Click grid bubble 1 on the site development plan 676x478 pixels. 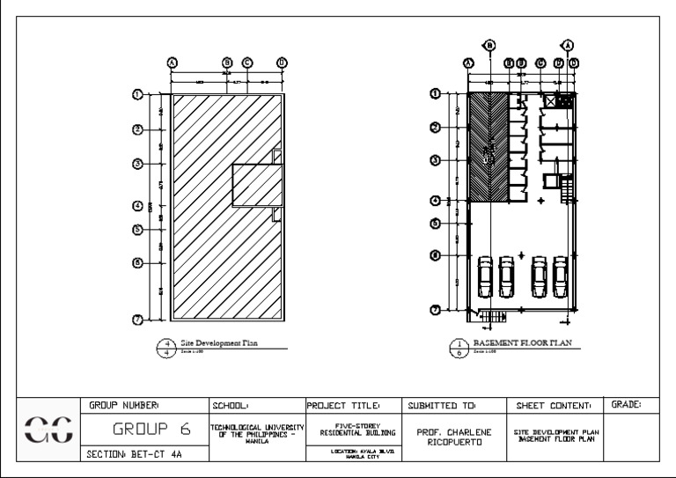[x=138, y=94]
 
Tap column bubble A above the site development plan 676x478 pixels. [x=173, y=63]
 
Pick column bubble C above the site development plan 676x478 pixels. [x=247, y=63]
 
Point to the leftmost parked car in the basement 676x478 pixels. [x=485, y=277]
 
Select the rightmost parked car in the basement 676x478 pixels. [x=560, y=277]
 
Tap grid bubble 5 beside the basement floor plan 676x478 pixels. [x=434, y=223]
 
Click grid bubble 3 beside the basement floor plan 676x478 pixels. [x=434, y=159]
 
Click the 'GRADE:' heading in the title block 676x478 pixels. [x=626, y=405]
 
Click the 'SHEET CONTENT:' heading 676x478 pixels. [x=550, y=405]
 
